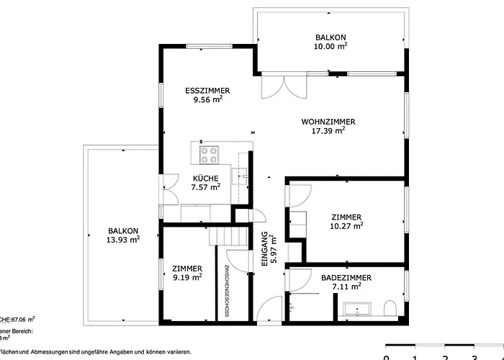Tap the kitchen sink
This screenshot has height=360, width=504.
(243, 174)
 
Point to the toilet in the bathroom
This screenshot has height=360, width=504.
(390, 310)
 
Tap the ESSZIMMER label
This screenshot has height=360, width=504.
(207, 91)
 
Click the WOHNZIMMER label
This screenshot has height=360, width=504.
(328, 122)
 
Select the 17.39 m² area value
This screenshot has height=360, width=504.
(328, 131)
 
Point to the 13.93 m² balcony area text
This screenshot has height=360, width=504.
(123, 240)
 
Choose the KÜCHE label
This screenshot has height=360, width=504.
(205, 178)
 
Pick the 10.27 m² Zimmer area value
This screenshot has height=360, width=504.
(346, 225)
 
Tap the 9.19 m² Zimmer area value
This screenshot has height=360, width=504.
(186, 276)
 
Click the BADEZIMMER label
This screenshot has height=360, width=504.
(331, 276)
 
